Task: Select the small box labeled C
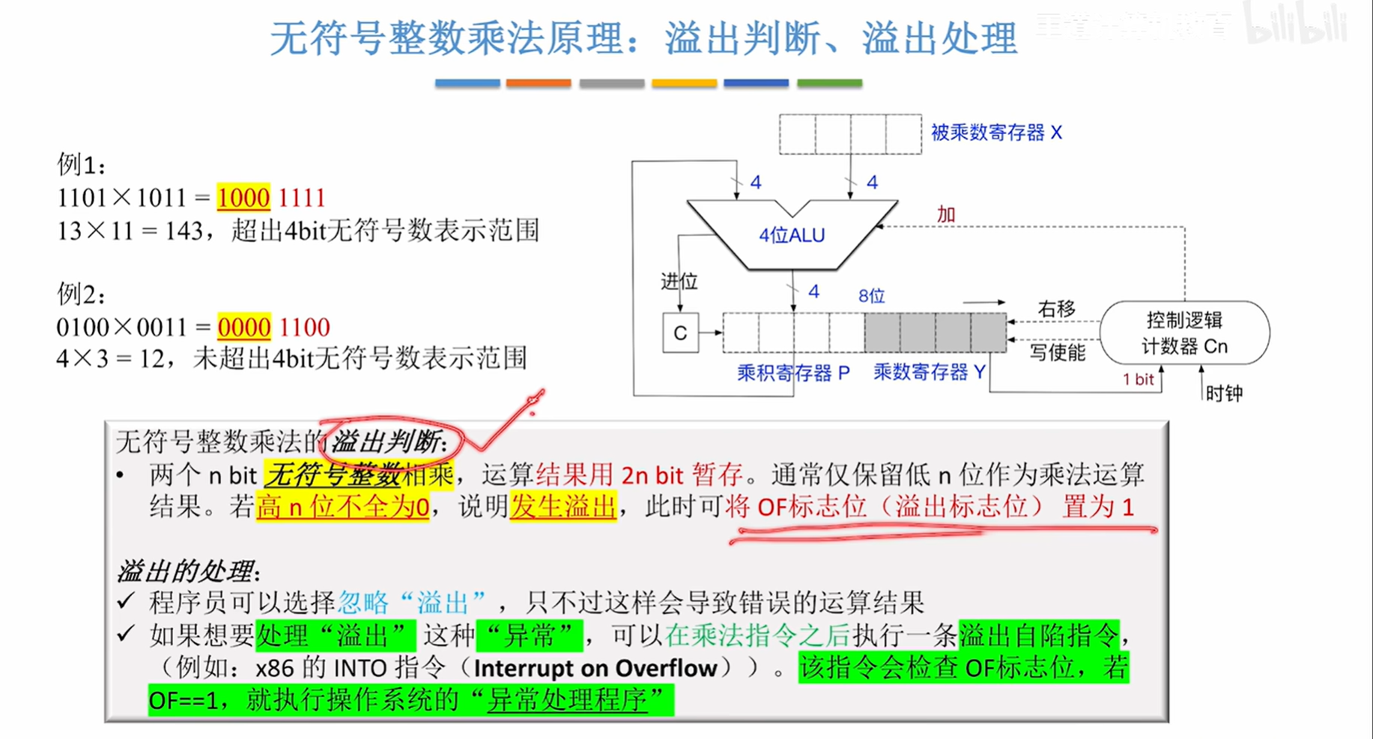pyautogui.click(x=680, y=333)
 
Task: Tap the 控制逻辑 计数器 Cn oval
pyautogui.click(x=1184, y=333)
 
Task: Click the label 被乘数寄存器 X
pyautogui.click(x=996, y=133)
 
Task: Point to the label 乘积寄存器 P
pyautogui.click(x=793, y=372)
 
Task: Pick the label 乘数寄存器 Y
pyautogui.click(x=929, y=372)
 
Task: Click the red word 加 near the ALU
pyautogui.click(x=946, y=214)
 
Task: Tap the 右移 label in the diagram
pyautogui.click(x=1057, y=309)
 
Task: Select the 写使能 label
pyautogui.click(x=1057, y=352)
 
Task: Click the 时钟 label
pyautogui.click(x=1225, y=393)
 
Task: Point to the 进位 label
pyautogui.click(x=679, y=281)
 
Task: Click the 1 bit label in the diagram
pyautogui.click(x=1138, y=379)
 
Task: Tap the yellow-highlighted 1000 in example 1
pyautogui.click(x=243, y=198)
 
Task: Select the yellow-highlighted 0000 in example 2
pyautogui.click(x=244, y=328)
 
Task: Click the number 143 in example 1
pyautogui.click(x=184, y=231)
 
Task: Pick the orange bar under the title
pyautogui.click(x=539, y=83)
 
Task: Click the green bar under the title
pyautogui.click(x=829, y=83)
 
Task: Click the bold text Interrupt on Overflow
pyautogui.click(x=595, y=668)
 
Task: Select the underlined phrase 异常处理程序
pyautogui.click(x=567, y=701)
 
